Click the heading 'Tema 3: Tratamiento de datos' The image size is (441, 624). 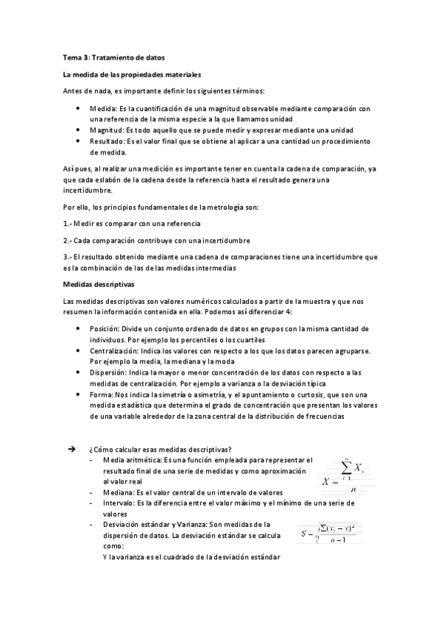pyautogui.click(x=113, y=57)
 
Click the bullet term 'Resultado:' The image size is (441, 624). pyautogui.click(x=107, y=141)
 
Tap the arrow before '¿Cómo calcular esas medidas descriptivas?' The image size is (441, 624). pyautogui.click(x=71, y=450)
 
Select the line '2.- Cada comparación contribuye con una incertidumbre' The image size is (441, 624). pyautogui.click(x=157, y=240)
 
